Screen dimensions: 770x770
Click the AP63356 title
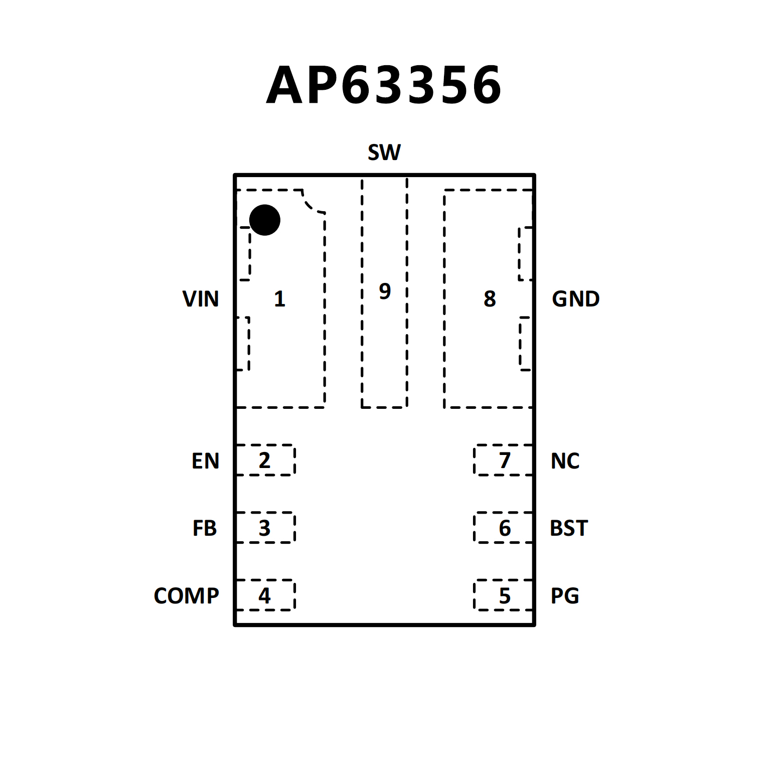[384, 85]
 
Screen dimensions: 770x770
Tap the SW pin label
[384, 152]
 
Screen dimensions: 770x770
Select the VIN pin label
[201, 299]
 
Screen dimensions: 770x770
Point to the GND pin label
[575, 299]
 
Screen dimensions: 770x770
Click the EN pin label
[205, 461]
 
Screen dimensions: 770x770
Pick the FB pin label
[204, 528]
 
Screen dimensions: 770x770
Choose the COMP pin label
[186, 596]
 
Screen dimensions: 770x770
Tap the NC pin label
[565, 461]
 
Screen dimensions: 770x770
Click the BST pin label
[568, 528]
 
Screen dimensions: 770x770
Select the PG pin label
[565, 596]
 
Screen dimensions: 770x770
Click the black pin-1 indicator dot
[264, 220]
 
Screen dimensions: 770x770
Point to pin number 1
[279, 299]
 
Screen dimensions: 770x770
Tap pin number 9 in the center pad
[385, 291]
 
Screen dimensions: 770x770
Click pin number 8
[490, 299]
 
